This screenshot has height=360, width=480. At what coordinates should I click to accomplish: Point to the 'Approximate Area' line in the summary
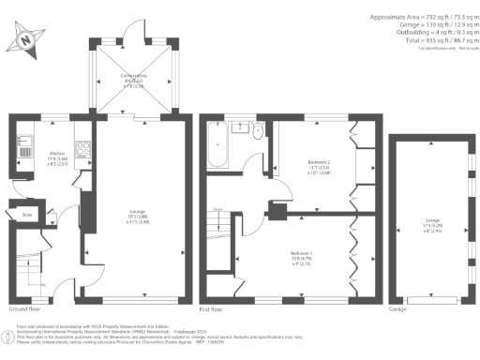tap(416, 18)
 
